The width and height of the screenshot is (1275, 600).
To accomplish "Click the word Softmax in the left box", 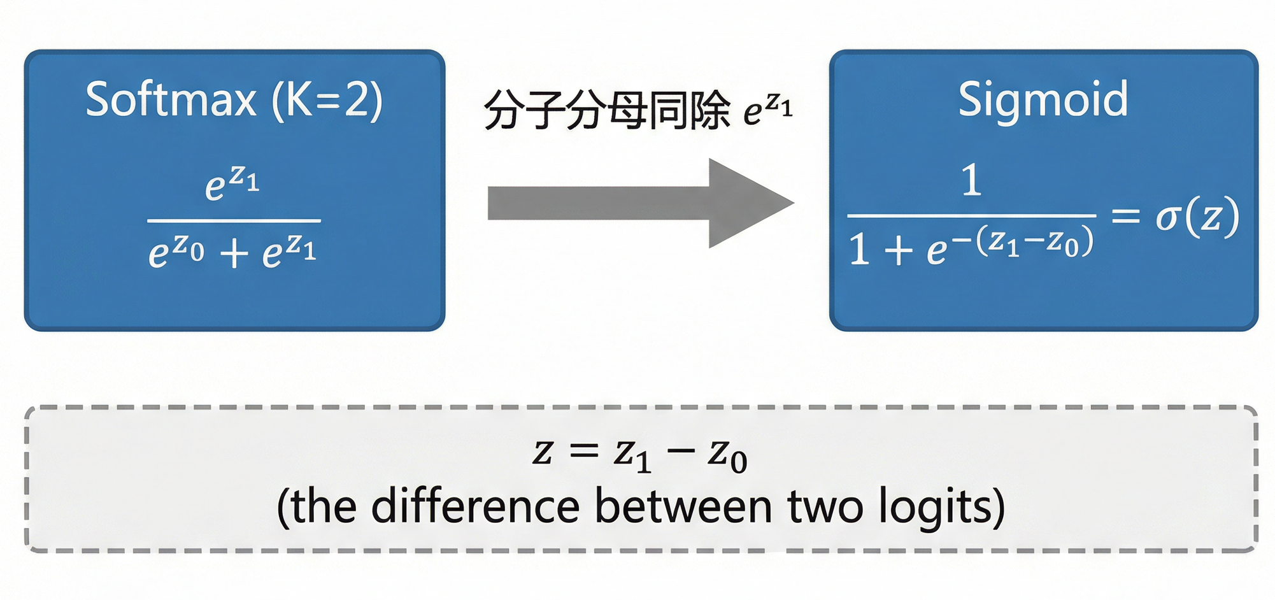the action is (170, 100).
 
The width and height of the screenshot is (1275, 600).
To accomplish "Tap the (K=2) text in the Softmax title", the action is (327, 100).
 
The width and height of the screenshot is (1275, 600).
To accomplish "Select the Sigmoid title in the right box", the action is (1043, 100).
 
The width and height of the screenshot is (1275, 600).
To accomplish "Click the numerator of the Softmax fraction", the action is (232, 183).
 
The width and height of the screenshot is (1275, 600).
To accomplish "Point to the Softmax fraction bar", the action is (234, 220).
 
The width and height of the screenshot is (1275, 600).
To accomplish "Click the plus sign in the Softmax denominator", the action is (234, 254).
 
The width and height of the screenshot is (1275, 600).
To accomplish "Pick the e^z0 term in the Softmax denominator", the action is (176, 251).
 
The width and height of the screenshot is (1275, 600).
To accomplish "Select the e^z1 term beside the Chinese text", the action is (768, 110).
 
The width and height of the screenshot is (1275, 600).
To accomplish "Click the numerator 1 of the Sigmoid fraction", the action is (971, 180).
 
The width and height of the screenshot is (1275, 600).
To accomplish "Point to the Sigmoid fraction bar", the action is (971, 216).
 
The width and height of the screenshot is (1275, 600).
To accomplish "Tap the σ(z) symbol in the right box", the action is (1197, 217).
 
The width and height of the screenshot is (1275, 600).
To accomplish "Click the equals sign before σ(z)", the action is (1125, 217).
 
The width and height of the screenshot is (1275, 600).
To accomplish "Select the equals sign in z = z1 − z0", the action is (584, 452).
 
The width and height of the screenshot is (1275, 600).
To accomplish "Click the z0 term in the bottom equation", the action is (727, 456).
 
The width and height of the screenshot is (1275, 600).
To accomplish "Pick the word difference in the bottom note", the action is (475, 507).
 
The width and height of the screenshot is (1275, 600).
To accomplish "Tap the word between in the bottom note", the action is (683, 507).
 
